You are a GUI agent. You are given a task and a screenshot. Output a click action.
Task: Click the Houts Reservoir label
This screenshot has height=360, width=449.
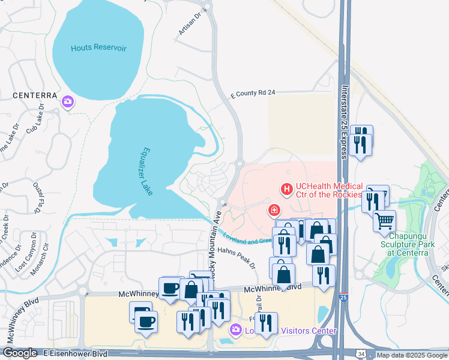click(x=99, y=48)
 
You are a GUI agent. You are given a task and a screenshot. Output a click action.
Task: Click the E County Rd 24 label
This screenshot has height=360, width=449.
click(x=253, y=94)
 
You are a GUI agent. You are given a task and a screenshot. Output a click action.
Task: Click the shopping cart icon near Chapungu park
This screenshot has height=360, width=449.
click(x=384, y=220)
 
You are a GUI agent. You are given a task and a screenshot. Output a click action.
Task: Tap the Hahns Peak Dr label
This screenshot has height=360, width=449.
click(x=237, y=255)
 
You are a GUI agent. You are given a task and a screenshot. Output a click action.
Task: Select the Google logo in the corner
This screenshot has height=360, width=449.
click(x=20, y=353)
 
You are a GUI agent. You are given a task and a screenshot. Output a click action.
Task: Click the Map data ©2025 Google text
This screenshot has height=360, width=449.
click(x=412, y=355)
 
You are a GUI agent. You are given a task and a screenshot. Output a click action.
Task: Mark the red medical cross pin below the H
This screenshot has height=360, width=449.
click(x=274, y=210)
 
